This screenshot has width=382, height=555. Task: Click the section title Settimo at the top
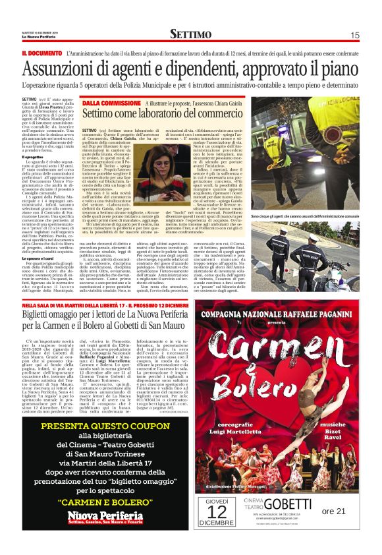[x=190, y=34]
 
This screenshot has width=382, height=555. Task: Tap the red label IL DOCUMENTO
[x=41, y=53]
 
